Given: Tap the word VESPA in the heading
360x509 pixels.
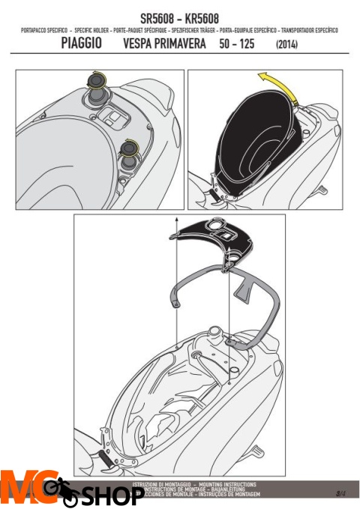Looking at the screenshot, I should (142, 44).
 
